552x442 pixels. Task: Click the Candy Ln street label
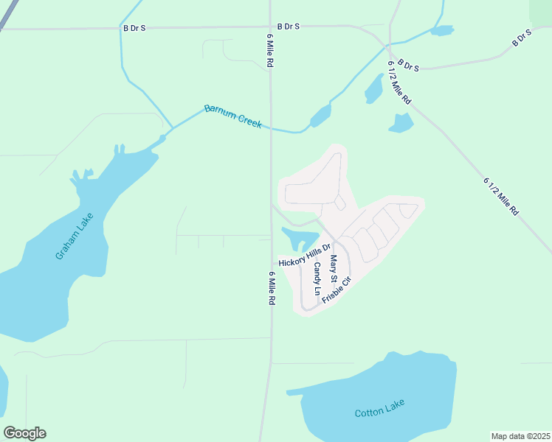(317, 278)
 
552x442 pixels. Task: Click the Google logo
(24, 433)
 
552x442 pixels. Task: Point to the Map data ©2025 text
(520, 436)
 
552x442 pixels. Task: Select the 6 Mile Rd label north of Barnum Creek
(270, 51)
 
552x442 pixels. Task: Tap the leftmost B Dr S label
(134, 27)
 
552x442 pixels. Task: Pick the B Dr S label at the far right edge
(522, 38)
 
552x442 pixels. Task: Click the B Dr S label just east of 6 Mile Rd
(289, 27)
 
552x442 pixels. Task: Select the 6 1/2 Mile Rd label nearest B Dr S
(399, 82)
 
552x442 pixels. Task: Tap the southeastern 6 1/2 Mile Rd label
(501, 195)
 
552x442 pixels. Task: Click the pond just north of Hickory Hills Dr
(299, 238)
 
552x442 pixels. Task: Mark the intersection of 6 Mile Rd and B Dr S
(270, 28)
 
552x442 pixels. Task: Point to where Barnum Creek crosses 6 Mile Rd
(270, 127)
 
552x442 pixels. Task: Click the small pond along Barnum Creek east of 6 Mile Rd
(320, 116)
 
